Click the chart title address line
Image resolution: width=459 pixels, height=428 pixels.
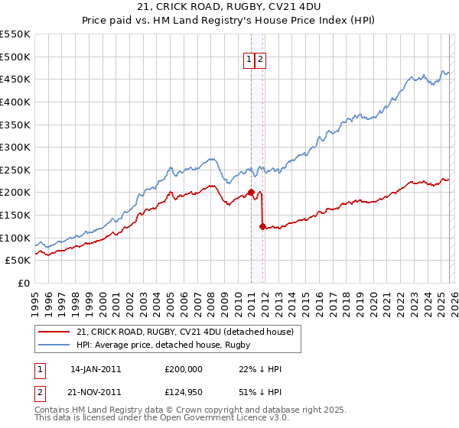[x=229, y=7]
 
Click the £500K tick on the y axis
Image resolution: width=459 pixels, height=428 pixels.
[x=15, y=57]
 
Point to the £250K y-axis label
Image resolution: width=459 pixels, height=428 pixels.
[x=15, y=170]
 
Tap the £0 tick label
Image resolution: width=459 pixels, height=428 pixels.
[x=24, y=283]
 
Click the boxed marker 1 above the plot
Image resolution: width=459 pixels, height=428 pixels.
[x=249, y=60]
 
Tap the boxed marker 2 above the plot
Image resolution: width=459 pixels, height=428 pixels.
[x=260, y=60]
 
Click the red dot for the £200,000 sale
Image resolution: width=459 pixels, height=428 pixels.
[x=251, y=192]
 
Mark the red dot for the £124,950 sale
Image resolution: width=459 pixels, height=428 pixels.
[x=262, y=226]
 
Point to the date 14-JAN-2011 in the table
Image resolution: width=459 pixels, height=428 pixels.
[x=96, y=369]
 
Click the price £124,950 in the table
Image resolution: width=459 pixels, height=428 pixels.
[x=183, y=392]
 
